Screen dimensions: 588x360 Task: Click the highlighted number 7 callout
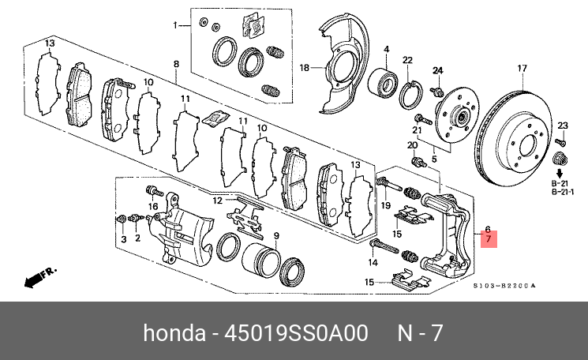click(489, 238)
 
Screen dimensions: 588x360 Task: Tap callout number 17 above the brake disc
click(521, 69)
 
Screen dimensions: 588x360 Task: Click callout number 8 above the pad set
click(176, 63)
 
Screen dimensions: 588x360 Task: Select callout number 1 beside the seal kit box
click(176, 26)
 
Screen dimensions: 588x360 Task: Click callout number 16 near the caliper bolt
click(154, 207)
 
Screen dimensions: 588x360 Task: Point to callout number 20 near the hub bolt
click(412, 145)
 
